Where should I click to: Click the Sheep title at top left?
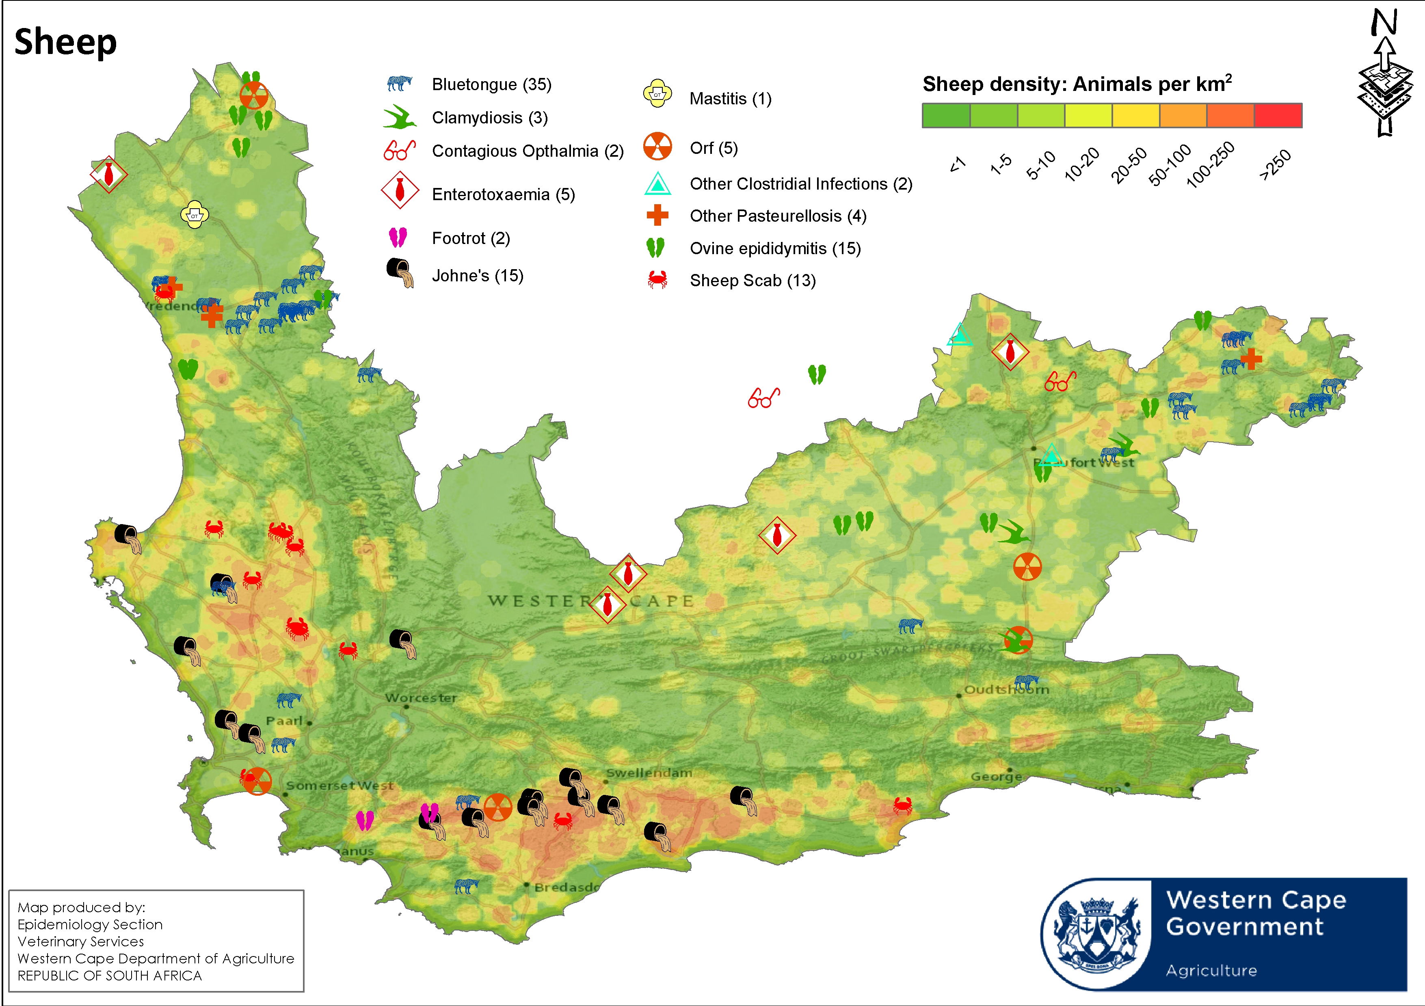pos(65,42)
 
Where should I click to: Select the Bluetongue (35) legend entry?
pos(491,84)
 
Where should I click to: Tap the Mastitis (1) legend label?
pos(730,99)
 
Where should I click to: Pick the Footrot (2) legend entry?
pos(470,238)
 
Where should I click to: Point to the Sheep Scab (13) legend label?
pos(752,281)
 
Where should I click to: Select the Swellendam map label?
pos(649,773)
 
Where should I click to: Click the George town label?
pos(995,776)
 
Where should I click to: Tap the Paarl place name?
pos(284,721)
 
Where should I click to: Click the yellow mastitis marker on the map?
pos(194,215)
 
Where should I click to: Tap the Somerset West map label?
pos(339,786)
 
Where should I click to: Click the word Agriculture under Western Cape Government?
pos(1211,971)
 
